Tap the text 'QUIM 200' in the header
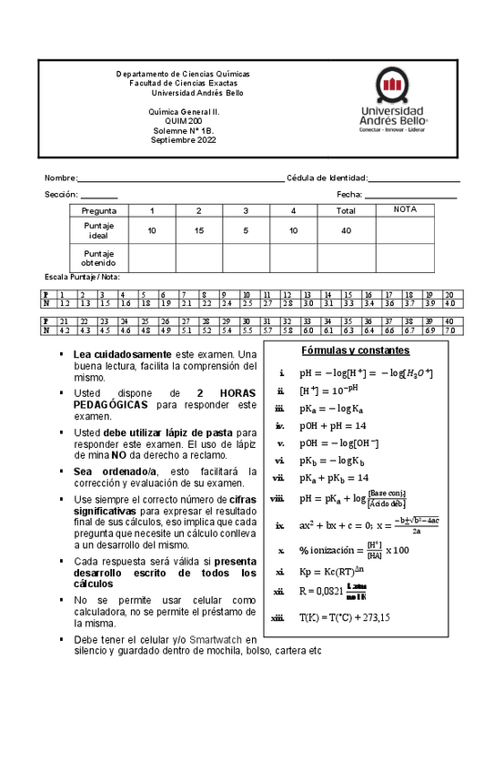tap(184, 121)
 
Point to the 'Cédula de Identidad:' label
tap(327, 178)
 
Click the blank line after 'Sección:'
tap(99, 197)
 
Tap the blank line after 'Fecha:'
tap(410, 196)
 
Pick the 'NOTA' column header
tap(405, 209)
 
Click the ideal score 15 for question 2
tap(198, 230)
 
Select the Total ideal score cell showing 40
tap(346, 230)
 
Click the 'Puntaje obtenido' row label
tap(99, 258)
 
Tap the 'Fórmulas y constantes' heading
tap(355, 350)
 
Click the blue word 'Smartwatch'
tap(214, 640)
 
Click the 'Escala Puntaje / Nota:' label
tap(83, 276)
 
